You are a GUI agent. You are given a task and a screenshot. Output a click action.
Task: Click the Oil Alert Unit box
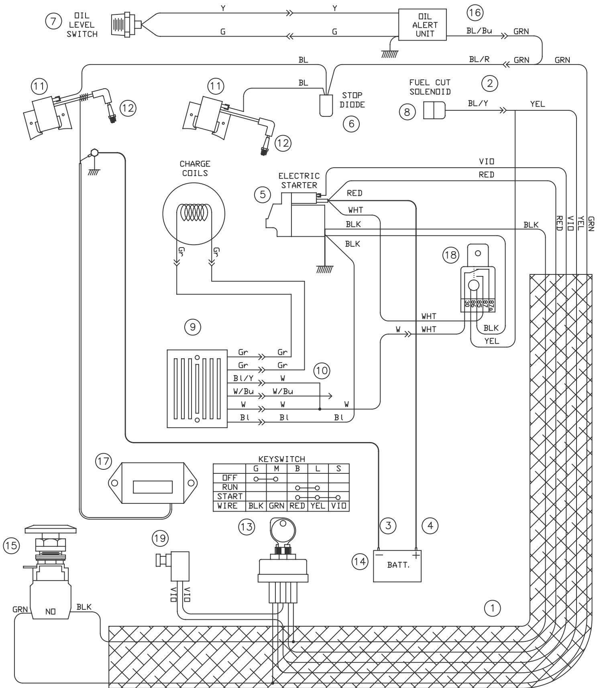tap(422, 25)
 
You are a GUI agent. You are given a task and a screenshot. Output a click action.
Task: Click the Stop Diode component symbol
tap(326, 106)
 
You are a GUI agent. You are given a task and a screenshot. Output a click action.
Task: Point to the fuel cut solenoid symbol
tap(434, 110)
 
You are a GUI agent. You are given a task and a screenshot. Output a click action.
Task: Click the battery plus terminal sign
tap(416, 555)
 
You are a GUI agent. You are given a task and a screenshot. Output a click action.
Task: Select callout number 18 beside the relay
tap(451, 255)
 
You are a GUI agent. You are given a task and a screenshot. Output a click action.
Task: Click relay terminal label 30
tap(467, 304)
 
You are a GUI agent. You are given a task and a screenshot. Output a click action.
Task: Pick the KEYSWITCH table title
tap(282, 459)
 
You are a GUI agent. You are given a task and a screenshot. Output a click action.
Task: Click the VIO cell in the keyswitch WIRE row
tap(338, 506)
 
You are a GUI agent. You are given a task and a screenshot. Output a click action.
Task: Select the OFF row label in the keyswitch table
tap(229, 478)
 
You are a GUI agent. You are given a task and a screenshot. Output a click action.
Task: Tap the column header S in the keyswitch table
tap(338, 469)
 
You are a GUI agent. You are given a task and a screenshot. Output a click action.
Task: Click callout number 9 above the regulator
tap(193, 327)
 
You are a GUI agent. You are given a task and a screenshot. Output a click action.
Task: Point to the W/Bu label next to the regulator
tap(243, 391)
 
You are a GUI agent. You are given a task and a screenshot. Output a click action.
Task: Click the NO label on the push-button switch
tap(50, 611)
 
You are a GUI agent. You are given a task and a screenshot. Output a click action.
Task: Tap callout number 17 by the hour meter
tap(104, 461)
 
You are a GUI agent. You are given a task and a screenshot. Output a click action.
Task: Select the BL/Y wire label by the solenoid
tap(478, 103)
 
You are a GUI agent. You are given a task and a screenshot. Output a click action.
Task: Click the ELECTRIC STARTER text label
tap(299, 181)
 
